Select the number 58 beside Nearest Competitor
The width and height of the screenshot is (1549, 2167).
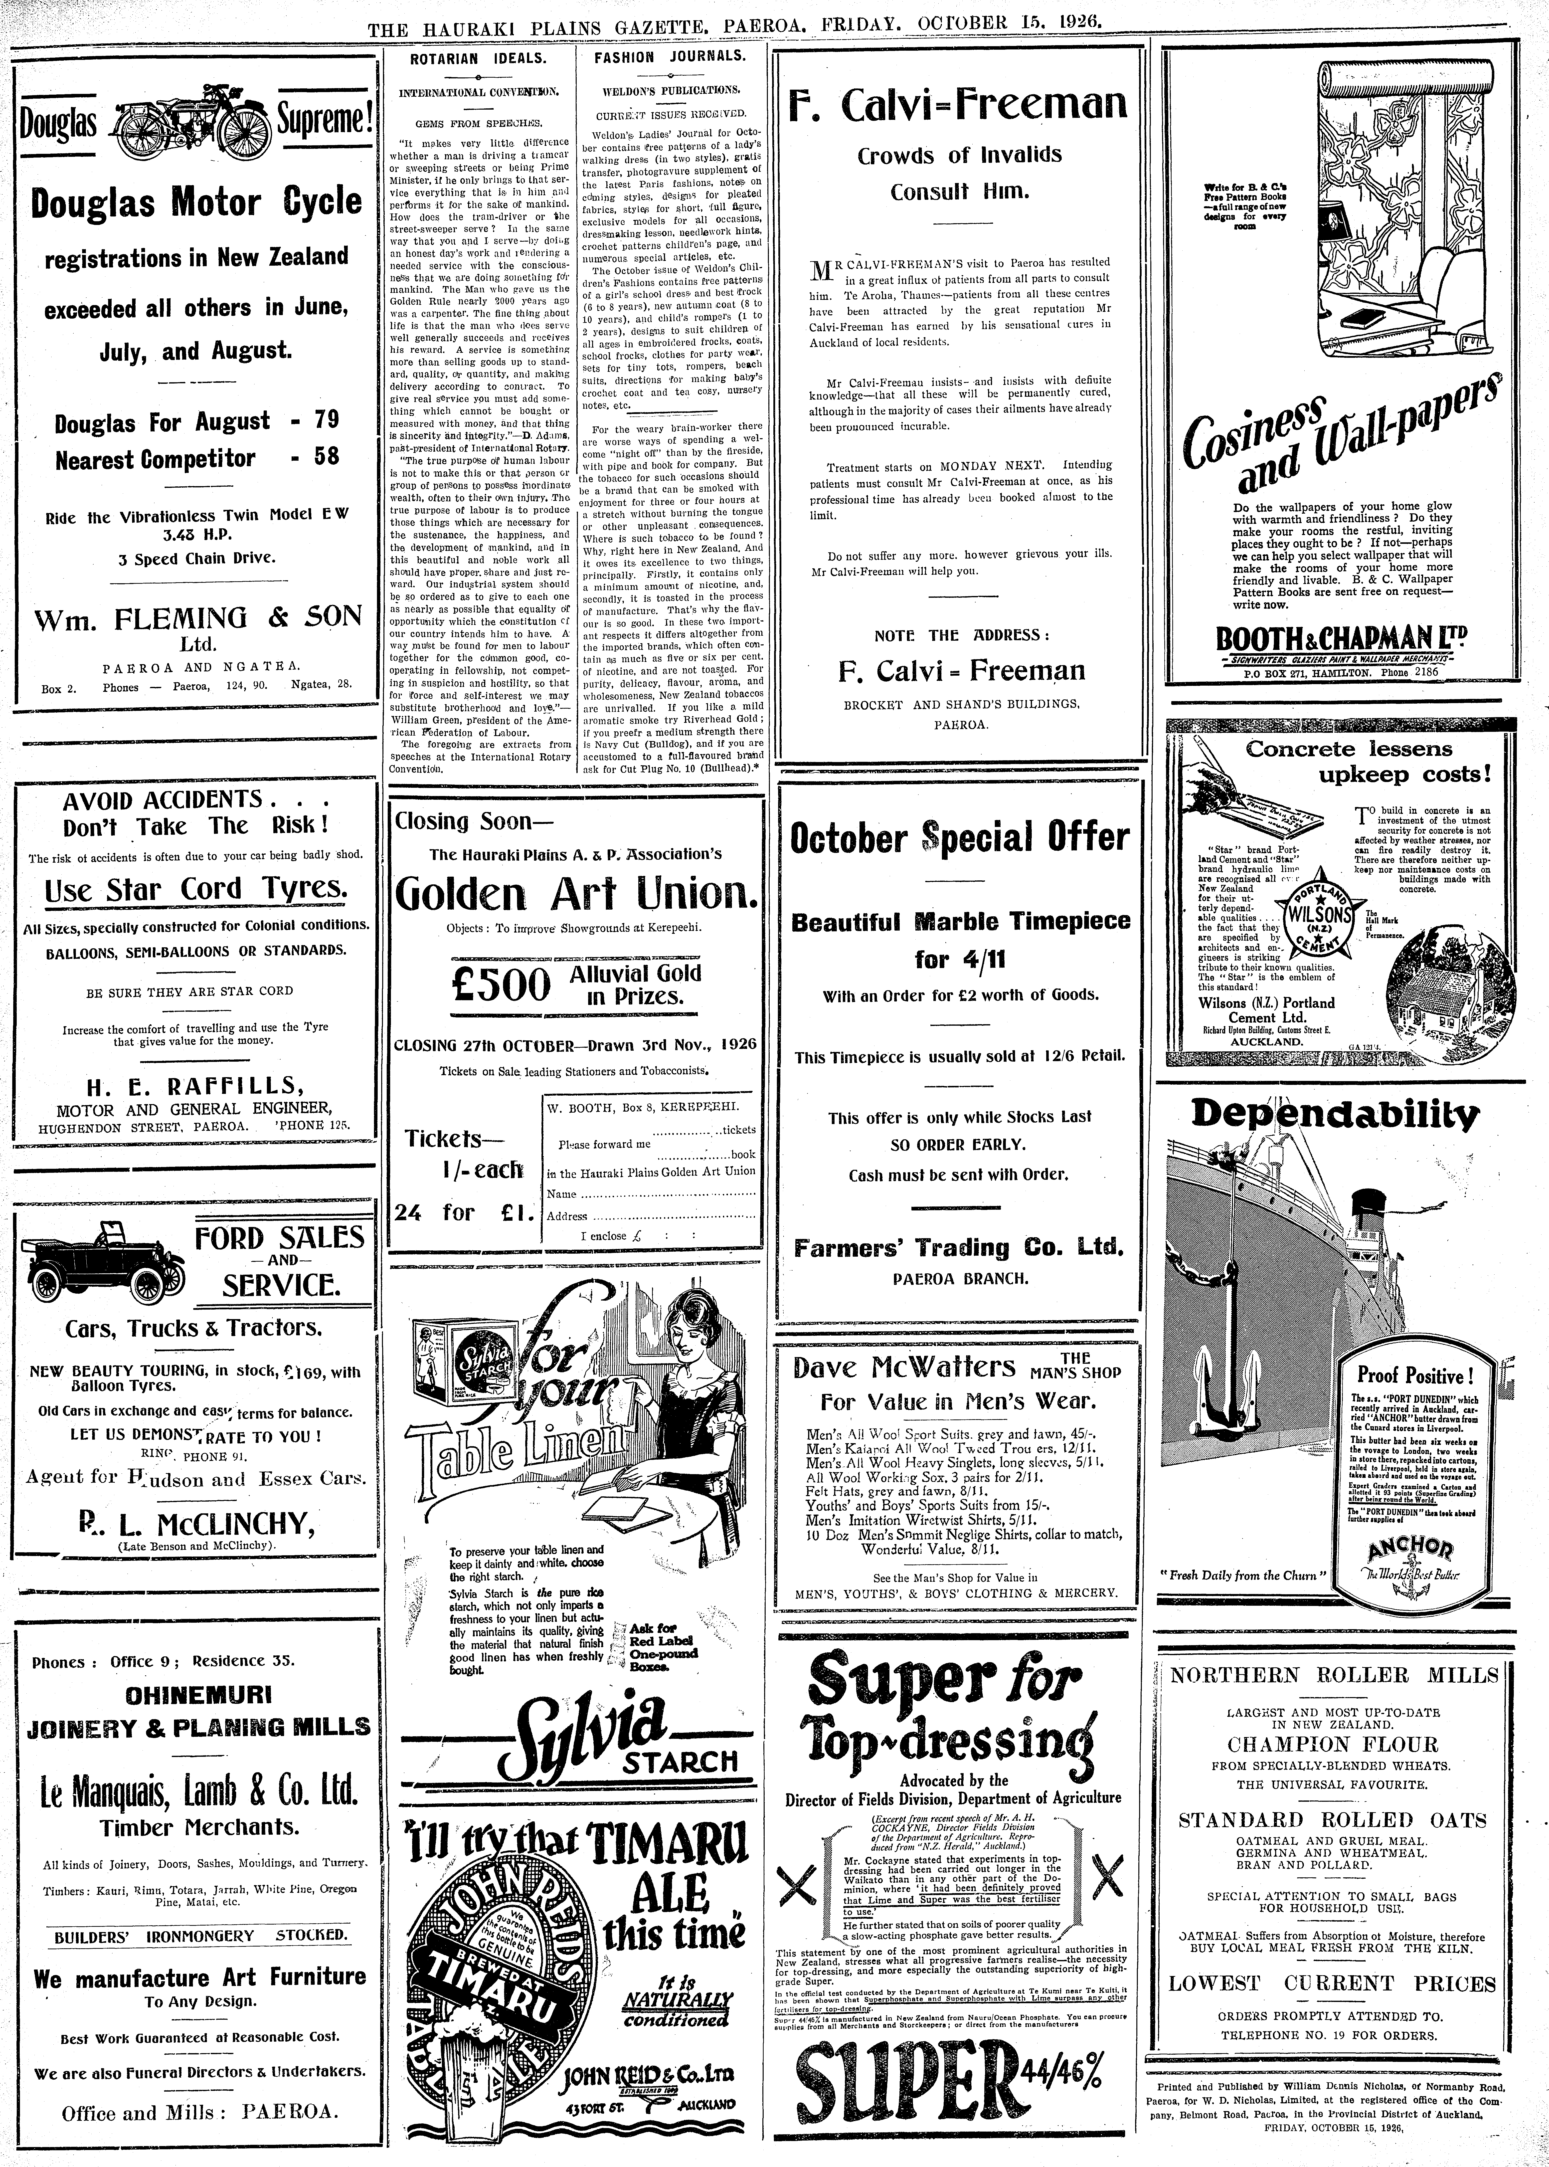[x=326, y=457]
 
